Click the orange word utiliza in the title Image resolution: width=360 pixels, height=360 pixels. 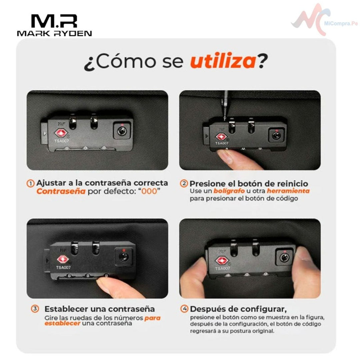pyautogui.click(x=223, y=61)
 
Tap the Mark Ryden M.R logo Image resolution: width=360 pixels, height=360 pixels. pyautogui.click(x=54, y=25)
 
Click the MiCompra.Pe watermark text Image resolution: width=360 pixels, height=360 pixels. pyautogui.click(x=341, y=23)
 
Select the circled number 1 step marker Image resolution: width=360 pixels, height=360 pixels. pyautogui.click(x=31, y=183)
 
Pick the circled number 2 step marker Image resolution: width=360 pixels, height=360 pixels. pyautogui.click(x=184, y=183)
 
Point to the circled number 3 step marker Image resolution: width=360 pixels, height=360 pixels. pyautogui.click(x=35, y=309)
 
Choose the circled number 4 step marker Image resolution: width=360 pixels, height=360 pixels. pyautogui.click(x=184, y=309)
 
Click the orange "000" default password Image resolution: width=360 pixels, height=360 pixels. pyautogui.click(x=149, y=191)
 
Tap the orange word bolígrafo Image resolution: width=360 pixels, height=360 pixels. pyautogui.click(x=229, y=191)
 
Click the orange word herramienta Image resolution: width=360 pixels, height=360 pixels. pyautogui.click(x=288, y=191)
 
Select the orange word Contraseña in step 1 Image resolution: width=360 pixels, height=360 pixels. pyautogui.click(x=61, y=191)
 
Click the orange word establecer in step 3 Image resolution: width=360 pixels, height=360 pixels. pyautogui.click(x=62, y=323)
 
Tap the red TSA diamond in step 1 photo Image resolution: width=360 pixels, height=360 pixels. pyautogui.click(x=61, y=133)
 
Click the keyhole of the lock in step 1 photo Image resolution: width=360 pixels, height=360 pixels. pyautogui.click(x=122, y=131)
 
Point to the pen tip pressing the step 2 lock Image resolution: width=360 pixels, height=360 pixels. pyautogui.click(x=225, y=119)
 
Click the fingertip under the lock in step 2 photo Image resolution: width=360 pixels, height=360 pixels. pyautogui.click(x=226, y=157)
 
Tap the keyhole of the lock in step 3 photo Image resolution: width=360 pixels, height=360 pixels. pyautogui.click(x=124, y=257)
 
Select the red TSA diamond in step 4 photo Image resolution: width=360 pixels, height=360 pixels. pyautogui.click(x=222, y=260)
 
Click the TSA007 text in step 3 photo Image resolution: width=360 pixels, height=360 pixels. pyautogui.click(x=63, y=267)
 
